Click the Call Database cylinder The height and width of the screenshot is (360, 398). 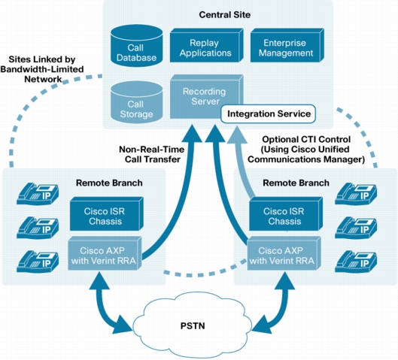tap(137, 46)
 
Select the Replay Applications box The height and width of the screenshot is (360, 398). tap(206, 45)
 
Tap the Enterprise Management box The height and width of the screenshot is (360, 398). tap(287, 45)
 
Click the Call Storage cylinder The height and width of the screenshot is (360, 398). tap(137, 102)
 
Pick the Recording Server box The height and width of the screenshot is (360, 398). tap(205, 96)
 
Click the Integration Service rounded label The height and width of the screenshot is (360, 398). tap(269, 113)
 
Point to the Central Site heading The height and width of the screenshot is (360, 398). tap(225, 15)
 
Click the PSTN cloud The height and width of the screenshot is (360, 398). tap(193, 325)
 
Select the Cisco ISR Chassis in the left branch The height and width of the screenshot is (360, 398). tap(107, 214)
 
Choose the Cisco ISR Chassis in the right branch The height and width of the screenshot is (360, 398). tap(286, 214)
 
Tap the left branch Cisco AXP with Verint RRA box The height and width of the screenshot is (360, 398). tap(105, 253)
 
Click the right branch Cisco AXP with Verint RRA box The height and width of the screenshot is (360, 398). tap(284, 253)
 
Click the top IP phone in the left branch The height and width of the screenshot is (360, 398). tap(38, 194)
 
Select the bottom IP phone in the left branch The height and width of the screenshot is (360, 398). tap(38, 262)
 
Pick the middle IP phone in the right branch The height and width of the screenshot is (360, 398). tap(356, 228)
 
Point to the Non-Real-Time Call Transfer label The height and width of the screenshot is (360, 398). tap(152, 154)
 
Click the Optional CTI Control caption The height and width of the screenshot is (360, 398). tap(306, 150)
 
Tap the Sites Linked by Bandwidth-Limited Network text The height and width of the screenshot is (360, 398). tap(42, 69)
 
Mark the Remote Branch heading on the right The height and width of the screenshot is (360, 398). tap(296, 183)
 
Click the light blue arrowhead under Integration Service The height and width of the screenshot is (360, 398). tap(237, 135)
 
